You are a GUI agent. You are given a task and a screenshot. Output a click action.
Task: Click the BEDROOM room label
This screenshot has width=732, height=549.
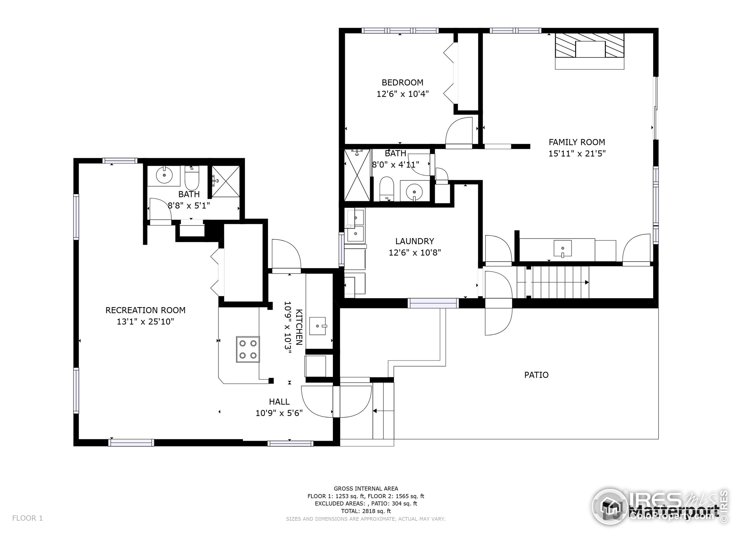point(402,82)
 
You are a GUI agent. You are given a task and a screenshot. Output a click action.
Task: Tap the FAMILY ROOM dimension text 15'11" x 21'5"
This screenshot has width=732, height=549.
point(577,154)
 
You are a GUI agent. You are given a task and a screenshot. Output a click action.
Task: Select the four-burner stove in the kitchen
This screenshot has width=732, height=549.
point(248,349)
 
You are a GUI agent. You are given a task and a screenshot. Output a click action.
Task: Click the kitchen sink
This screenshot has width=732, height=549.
point(318,326)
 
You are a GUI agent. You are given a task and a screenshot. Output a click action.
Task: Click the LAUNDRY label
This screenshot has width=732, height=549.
point(414,241)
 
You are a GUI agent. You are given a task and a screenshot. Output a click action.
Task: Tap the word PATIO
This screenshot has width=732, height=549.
point(536,375)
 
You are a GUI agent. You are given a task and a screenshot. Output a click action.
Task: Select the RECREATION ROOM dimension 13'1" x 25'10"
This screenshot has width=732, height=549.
point(145,322)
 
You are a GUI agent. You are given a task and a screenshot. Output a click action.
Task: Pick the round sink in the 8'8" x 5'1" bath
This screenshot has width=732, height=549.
point(164,175)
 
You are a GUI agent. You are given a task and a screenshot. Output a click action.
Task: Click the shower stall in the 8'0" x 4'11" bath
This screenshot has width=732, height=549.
point(357,175)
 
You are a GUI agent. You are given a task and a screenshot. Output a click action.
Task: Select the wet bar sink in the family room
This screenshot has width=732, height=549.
point(562,248)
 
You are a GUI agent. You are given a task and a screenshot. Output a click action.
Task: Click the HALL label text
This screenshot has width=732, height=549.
point(279,402)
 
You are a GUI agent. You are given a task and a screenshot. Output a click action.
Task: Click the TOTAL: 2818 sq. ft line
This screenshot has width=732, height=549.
point(366,511)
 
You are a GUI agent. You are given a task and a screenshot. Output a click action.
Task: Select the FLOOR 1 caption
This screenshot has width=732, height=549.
point(27,518)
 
